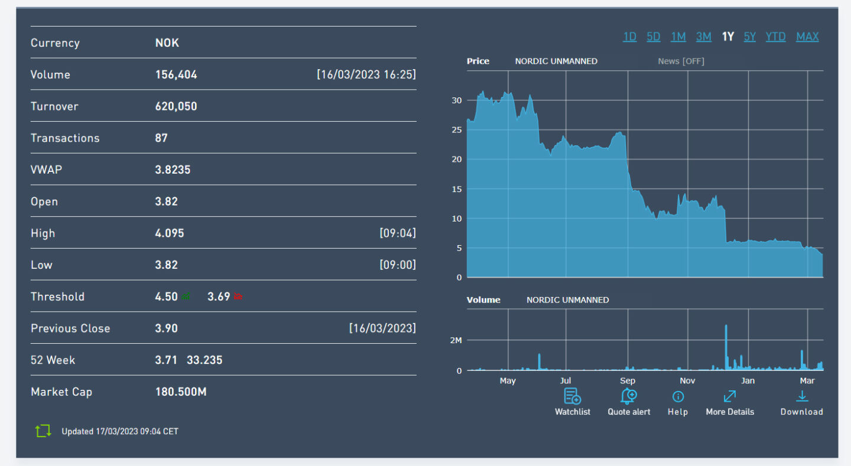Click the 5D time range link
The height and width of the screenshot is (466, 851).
click(653, 37)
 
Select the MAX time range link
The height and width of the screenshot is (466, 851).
click(807, 37)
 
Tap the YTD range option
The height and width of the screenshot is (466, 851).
click(775, 37)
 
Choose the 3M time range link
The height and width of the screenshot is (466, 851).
click(703, 37)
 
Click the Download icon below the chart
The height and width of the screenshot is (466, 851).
click(802, 396)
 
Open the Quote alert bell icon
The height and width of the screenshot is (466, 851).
click(628, 396)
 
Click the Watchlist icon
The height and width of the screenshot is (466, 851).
click(572, 396)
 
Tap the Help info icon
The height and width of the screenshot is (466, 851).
click(678, 396)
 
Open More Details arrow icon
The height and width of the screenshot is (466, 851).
click(730, 396)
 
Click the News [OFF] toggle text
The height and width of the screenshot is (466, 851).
click(681, 61)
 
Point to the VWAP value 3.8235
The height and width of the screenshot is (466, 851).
click(173, 170)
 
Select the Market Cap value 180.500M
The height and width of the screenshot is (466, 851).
click(181, 392)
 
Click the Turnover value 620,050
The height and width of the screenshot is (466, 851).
click(176, 106)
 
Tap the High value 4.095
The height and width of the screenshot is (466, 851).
click(170, 233)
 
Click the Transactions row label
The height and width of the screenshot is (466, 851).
click(65, 138)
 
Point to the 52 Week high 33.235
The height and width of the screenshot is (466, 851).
click(204, 360)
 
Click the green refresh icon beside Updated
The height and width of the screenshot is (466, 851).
click(43, 431)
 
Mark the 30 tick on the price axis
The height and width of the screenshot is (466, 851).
click(456, 100)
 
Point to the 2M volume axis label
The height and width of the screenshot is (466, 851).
click(455, 341)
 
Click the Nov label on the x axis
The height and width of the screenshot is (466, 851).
click(687, 381)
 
